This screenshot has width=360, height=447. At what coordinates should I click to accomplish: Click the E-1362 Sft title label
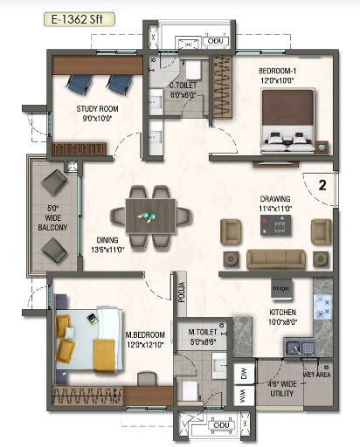coord(54,15)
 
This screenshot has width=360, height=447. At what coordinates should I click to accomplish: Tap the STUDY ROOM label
coord(97,113)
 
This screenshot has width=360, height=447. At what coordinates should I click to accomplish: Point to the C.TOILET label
coord(184,90)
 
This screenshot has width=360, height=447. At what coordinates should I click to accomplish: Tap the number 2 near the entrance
coord(322,185)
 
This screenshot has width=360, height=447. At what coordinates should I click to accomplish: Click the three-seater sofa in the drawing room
coord(275,258)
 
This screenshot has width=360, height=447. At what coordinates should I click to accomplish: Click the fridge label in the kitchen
coord(280,288)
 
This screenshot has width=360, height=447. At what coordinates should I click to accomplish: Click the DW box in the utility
coord(244,375)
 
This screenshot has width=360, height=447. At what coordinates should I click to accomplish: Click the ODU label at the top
coord(213,39)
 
